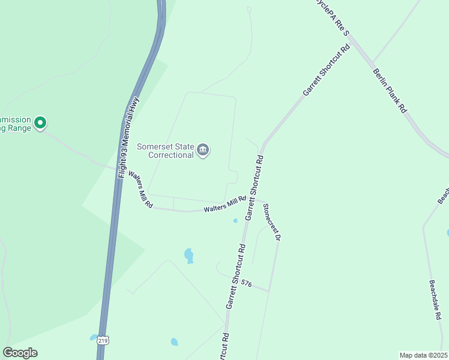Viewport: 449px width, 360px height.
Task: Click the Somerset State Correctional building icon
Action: click(203, 150)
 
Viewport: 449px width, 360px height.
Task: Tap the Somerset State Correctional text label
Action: click(166, 150)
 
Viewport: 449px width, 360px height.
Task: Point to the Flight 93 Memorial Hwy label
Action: click(128, 137)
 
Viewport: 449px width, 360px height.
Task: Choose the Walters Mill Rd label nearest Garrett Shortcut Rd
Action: click(224, 204)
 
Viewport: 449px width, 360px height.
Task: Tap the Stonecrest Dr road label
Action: click(271, 222)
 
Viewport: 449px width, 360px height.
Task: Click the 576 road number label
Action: click(246, 284)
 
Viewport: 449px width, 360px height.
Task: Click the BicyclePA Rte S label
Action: click(331, 16)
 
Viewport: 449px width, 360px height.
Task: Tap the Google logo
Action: click(20, 353)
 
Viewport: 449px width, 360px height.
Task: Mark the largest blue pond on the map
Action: click(189, 255)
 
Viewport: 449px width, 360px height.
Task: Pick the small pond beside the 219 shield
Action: click(93, 337)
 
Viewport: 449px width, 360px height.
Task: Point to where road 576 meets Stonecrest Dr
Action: click(269, 291)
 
